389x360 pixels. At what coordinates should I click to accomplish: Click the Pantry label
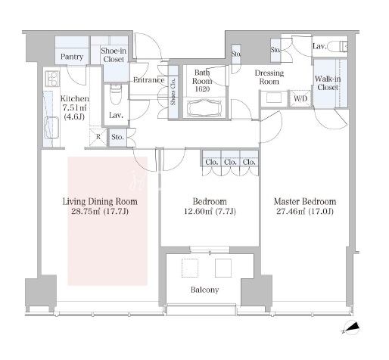click(x=72, y=57)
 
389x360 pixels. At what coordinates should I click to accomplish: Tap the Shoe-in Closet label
click(x=114, y=55)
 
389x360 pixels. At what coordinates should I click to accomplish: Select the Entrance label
click(x=149, y=80)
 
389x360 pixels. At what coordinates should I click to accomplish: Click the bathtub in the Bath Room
click(x=204, y=108)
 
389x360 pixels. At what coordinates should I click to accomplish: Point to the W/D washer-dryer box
click(x=300, y=98)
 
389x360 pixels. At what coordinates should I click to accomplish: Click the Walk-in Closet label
click(x=328, y=83)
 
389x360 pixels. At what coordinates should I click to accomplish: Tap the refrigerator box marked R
click(x=98, y=138)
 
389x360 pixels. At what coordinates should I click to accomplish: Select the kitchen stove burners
click(x=52, y=79)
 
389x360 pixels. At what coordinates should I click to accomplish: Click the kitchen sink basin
click(x=51, y=128)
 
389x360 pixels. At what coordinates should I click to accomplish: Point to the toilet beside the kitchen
click(x=116, y=94)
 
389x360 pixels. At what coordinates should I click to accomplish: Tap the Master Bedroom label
click(x=305, y=202)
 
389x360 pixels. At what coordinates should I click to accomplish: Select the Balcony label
click(x=204, y=290)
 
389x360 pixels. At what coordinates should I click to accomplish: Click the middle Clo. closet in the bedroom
click(x=230, y=162)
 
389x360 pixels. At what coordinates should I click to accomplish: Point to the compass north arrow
click(x=351, y=327)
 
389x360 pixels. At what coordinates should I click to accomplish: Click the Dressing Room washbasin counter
click(x=274, y=98)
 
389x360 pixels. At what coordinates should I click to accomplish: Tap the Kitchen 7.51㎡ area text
click(x=74, y=108)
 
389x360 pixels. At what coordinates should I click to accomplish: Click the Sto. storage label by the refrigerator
click(x=117, y=137)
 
